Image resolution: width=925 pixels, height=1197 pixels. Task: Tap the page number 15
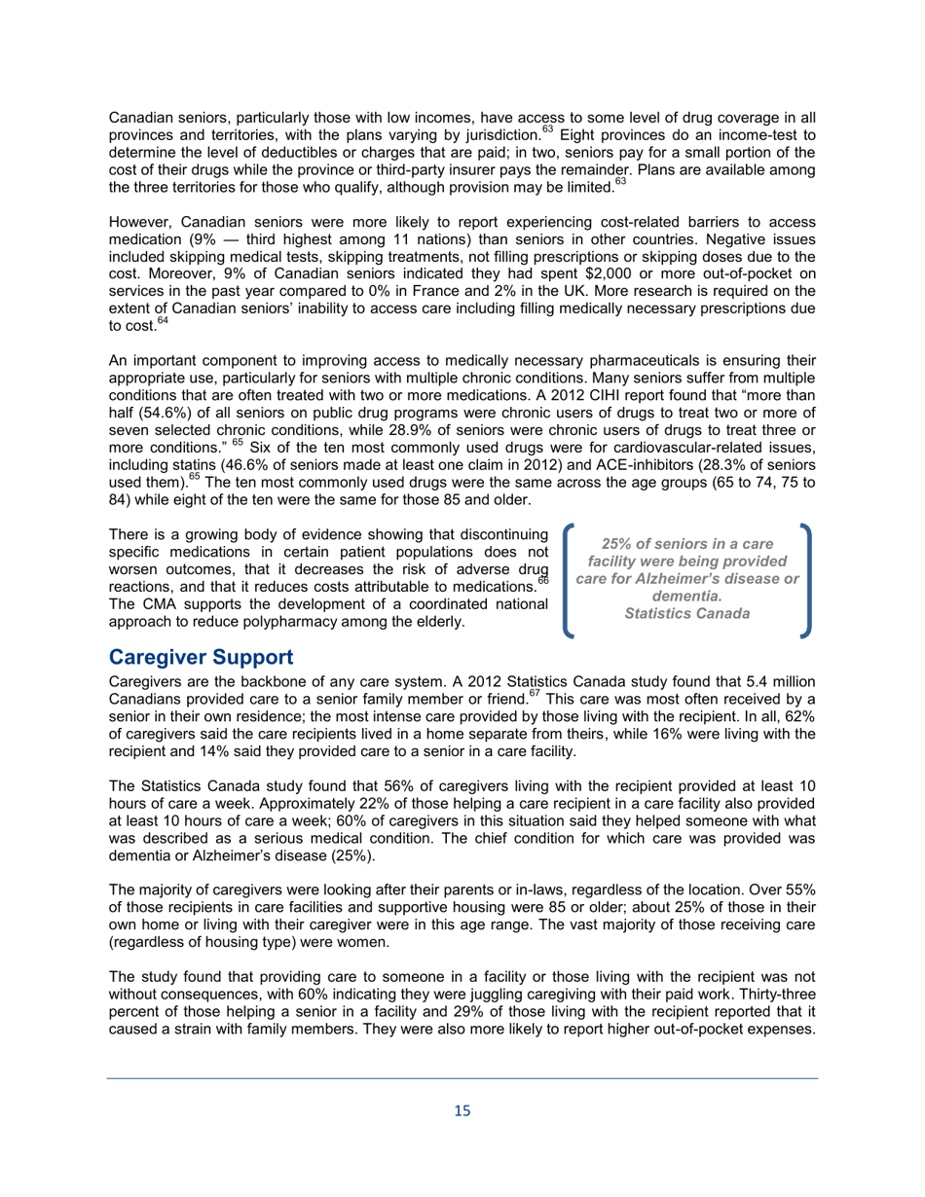pos(462,1110)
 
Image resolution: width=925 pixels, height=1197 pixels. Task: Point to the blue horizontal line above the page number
pos(462,1077)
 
